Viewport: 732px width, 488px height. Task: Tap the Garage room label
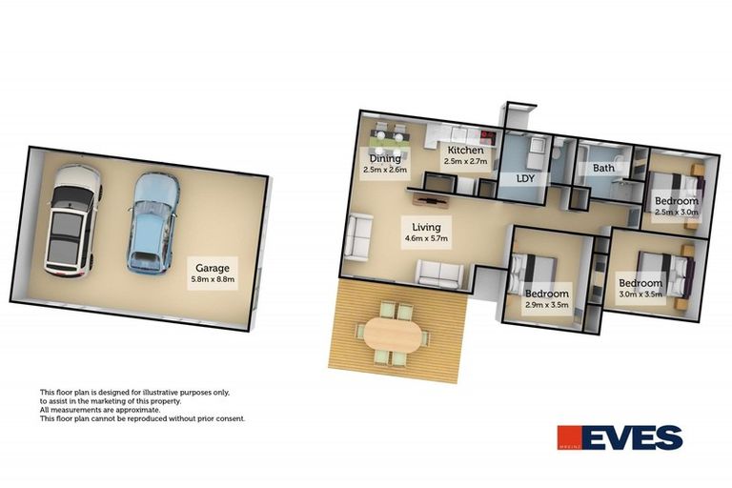click(213, 268)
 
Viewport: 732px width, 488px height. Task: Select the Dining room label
click(385, 159)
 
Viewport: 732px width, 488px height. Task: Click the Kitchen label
click(465, 151)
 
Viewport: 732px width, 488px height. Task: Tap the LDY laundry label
click(525, 178)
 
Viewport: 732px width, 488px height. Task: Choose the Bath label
click(603, 169)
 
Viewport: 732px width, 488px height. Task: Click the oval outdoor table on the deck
click(393, 333)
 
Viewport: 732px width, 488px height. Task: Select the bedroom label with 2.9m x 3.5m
click(547, 294)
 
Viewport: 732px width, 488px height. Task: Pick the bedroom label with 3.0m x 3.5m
click(640, 283)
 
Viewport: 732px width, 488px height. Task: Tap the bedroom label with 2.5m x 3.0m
click(676, 201)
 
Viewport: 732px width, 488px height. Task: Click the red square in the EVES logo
click(570, 437)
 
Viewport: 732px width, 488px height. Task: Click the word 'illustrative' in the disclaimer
click(156, 392)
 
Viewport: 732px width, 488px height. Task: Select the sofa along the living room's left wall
click(357, 236)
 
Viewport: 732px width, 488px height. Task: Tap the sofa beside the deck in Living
click(439, 274)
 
